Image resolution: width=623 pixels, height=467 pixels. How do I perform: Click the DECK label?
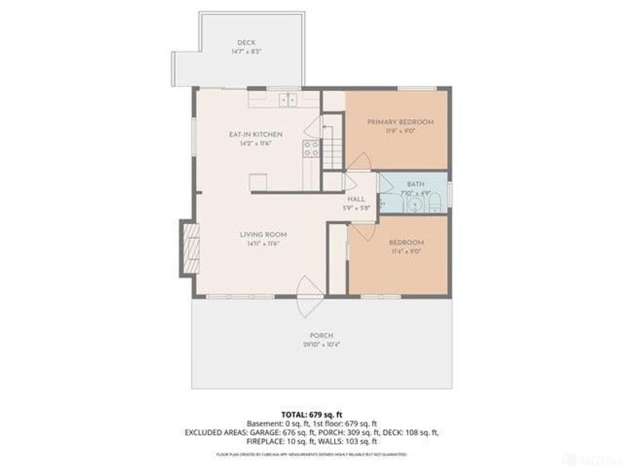click(246, 43)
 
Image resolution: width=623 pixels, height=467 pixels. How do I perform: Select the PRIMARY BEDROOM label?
click(400, 122)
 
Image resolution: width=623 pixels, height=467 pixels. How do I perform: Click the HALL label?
click(357, 199)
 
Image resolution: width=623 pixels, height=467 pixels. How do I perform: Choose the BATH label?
click(414, 184)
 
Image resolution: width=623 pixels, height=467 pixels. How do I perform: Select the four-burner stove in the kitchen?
click(311, 148)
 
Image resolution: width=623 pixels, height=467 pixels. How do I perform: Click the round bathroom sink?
click(415, 205)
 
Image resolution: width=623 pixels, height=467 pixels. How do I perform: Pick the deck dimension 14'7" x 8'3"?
click(246, 52)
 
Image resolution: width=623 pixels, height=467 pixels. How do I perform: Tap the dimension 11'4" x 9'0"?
click(407, 251)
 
